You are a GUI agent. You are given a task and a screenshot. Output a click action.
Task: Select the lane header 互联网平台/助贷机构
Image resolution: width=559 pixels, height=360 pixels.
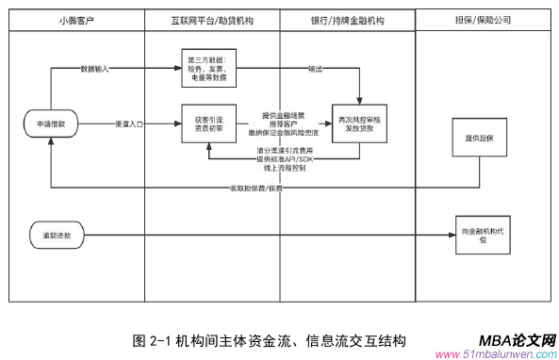[x=213, y=19]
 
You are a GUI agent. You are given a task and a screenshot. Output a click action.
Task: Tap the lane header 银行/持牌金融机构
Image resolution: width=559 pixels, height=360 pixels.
[x=347, y=19]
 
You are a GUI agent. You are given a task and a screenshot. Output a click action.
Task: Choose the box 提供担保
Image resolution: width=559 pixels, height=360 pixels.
[x=480, y=139]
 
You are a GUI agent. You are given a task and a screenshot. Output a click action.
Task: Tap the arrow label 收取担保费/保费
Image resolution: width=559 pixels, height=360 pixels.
[x=255, y=188]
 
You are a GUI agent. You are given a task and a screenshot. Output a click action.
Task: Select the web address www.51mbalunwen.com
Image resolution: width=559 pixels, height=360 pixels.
[x=495, y=354]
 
